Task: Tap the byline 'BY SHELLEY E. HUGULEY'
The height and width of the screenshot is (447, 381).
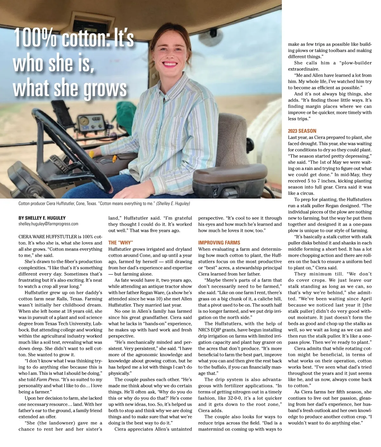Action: (42, 218)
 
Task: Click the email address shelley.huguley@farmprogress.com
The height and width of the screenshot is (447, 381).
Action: (48, 224)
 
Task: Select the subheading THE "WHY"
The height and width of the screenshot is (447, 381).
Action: (120, 242)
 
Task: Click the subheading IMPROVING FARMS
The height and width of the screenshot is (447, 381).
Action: (219, 242)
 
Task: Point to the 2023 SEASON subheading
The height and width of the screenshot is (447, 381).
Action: (302, 131)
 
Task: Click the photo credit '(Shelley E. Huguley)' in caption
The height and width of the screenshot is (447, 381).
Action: (173, 203)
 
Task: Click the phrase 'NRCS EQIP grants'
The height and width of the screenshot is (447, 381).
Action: (219, 330)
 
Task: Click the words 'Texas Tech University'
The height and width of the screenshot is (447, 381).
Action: (69, 324)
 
